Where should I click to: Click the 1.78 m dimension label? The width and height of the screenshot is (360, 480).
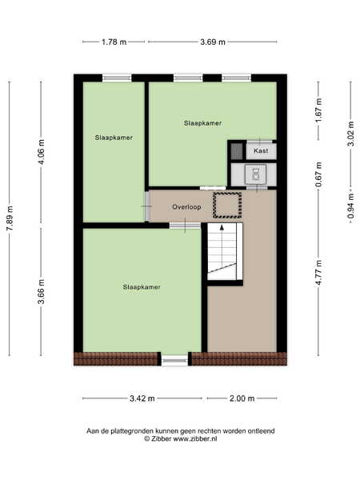tap(114, 42)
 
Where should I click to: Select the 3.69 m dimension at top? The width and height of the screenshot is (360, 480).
tap(213, 42)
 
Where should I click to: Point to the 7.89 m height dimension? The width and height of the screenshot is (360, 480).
tap(10, 218)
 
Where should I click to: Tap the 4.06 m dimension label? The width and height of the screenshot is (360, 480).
tap(42, 152)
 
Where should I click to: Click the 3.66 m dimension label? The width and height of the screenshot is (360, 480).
tap(42, 291)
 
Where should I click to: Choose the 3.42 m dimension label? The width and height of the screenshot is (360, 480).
tap(142, 398)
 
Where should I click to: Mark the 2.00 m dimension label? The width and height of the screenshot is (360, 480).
tap(242, 398)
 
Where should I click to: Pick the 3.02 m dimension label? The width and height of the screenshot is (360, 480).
tap(351, 134)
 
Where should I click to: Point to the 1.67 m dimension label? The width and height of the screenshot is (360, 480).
tap(318, 110)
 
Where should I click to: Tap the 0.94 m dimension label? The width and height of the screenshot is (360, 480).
tap(351, 206)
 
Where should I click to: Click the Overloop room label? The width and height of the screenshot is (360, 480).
tap(186, 207)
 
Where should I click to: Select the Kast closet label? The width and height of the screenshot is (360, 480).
tap(261, 150)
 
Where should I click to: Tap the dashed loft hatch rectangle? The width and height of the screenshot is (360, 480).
tap(227, 205)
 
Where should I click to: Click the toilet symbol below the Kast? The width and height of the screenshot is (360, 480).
tap(256, 174)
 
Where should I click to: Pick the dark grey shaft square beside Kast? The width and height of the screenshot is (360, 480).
tap(237, 151)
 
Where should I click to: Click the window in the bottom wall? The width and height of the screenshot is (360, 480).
tap(174, 361)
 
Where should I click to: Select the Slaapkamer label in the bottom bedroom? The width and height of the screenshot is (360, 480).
tap(142, 287)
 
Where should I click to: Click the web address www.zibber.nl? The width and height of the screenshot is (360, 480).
tap(195, 438)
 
